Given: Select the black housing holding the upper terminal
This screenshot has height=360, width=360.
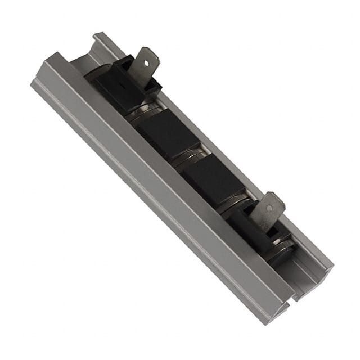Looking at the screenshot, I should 121,84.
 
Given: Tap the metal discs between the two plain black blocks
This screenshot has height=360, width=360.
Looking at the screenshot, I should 188,157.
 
